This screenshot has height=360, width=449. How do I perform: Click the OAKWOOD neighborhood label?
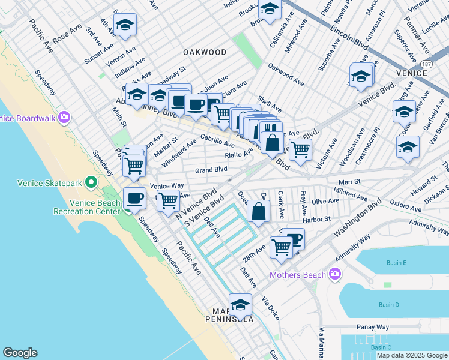pos(205,52)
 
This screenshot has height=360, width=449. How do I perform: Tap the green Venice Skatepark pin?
pos(91,181)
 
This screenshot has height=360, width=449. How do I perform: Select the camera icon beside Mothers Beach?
pos(334,275)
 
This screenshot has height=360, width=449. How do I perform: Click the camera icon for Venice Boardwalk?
pos(64,117)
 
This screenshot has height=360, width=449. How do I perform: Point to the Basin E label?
pos(397,263)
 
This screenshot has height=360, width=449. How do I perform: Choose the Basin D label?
pos(389,305)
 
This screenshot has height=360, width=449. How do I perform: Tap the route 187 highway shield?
pos(427,63)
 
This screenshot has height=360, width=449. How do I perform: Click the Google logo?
pos(20,353)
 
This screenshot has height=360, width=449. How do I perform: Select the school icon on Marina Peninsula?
pos(240,305)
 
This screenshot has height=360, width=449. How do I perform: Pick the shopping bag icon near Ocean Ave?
pos(258,211)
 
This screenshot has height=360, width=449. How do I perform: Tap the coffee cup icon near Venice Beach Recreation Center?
pos(134,199)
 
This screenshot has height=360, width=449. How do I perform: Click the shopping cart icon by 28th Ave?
pos(280,247)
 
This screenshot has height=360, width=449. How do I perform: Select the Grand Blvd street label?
pos(210,170)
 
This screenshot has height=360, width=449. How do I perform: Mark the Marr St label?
pos(348,181)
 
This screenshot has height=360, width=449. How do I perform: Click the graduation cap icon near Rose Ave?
pos(125,25)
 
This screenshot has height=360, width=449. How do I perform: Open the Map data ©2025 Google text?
pos(411,355)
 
